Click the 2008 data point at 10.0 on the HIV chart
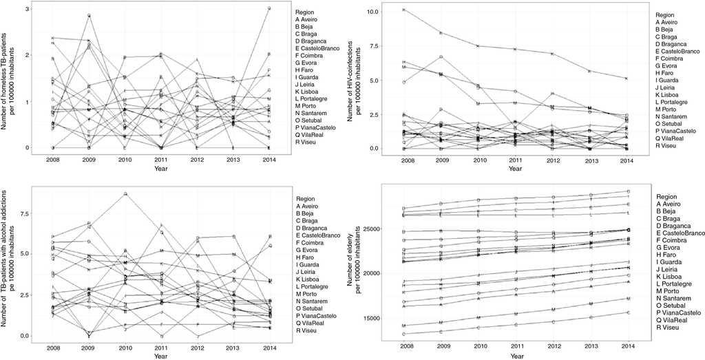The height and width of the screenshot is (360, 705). click(x=404, y=10)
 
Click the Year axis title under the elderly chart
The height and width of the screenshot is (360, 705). click(x=516, y=355)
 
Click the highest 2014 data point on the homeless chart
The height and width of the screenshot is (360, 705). click(x=269, y=8)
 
